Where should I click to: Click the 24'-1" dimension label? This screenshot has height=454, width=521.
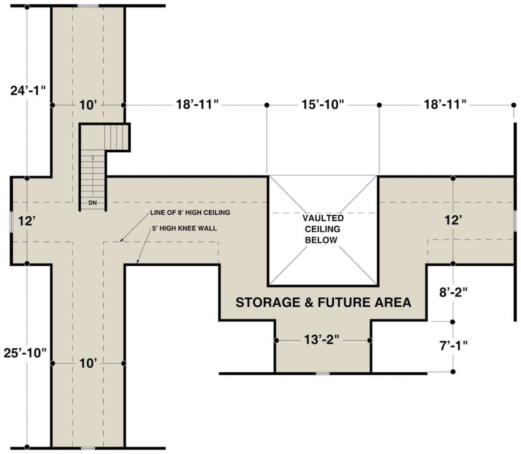point(28,91)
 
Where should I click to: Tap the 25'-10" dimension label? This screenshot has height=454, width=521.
point(25,353)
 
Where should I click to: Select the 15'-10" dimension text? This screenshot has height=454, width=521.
point(323,105)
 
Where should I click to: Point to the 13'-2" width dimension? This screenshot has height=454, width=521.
point(322,339)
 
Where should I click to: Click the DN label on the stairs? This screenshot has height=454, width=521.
point(92,203)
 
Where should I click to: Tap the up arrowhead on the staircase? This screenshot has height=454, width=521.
point(93,158)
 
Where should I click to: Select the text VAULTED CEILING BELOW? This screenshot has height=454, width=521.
point(323,229)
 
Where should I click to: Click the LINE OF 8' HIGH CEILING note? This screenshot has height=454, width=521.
point(190,213)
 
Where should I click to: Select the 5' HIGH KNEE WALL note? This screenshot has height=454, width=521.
point(185,228)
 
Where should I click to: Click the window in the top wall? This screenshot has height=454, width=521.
point(88,6)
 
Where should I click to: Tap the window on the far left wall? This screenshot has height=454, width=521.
point(11,222)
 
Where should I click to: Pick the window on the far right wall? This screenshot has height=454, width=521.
point(515,220)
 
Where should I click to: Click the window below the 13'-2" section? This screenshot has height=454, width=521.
point(323,374)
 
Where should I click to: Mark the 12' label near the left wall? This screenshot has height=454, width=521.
point(27,221)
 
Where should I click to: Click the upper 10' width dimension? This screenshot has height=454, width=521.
point(88,105)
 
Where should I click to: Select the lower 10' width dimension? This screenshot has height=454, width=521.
point(88,363)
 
